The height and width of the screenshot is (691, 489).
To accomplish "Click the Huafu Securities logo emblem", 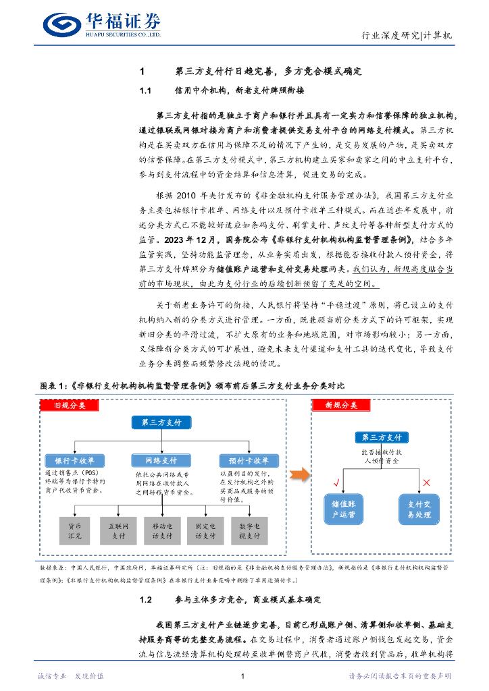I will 63,25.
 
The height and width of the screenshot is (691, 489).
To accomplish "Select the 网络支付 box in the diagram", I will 161,460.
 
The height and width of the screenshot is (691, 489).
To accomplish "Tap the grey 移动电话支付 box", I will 161,530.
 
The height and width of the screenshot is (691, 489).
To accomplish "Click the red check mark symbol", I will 336,482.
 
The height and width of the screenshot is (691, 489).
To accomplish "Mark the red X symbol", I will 426,482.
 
